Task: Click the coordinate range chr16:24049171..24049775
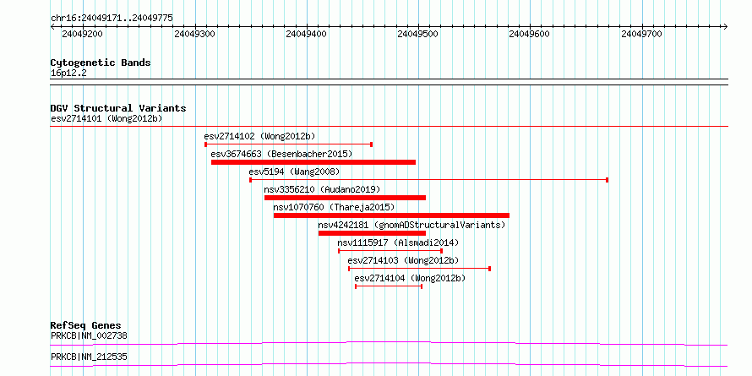pos(112,19)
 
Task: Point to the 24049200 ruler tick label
pos(83,34)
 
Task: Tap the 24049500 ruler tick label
pos(418,34)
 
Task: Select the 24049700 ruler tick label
pos(641,34)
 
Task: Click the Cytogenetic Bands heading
pos(101,63)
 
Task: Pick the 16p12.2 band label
pos(68,74)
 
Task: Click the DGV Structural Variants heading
pos(118,108)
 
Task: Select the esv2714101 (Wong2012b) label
pos(106,118)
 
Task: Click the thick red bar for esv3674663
pos(313,162)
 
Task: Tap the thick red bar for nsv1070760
pos(391,215)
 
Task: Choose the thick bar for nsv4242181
pos(372,233)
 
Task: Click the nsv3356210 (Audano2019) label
pos(322,189)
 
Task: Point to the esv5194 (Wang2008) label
pos(294,172)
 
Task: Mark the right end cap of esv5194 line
pos(608,180)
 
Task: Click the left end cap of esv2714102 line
pos(206,144)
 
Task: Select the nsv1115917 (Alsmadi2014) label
pos(398,242)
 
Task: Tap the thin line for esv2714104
pos(389,286)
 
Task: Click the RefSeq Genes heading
pos(86,326)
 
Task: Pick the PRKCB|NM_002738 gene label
pos(90,335)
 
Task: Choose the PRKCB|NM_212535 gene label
pos(90,357)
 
